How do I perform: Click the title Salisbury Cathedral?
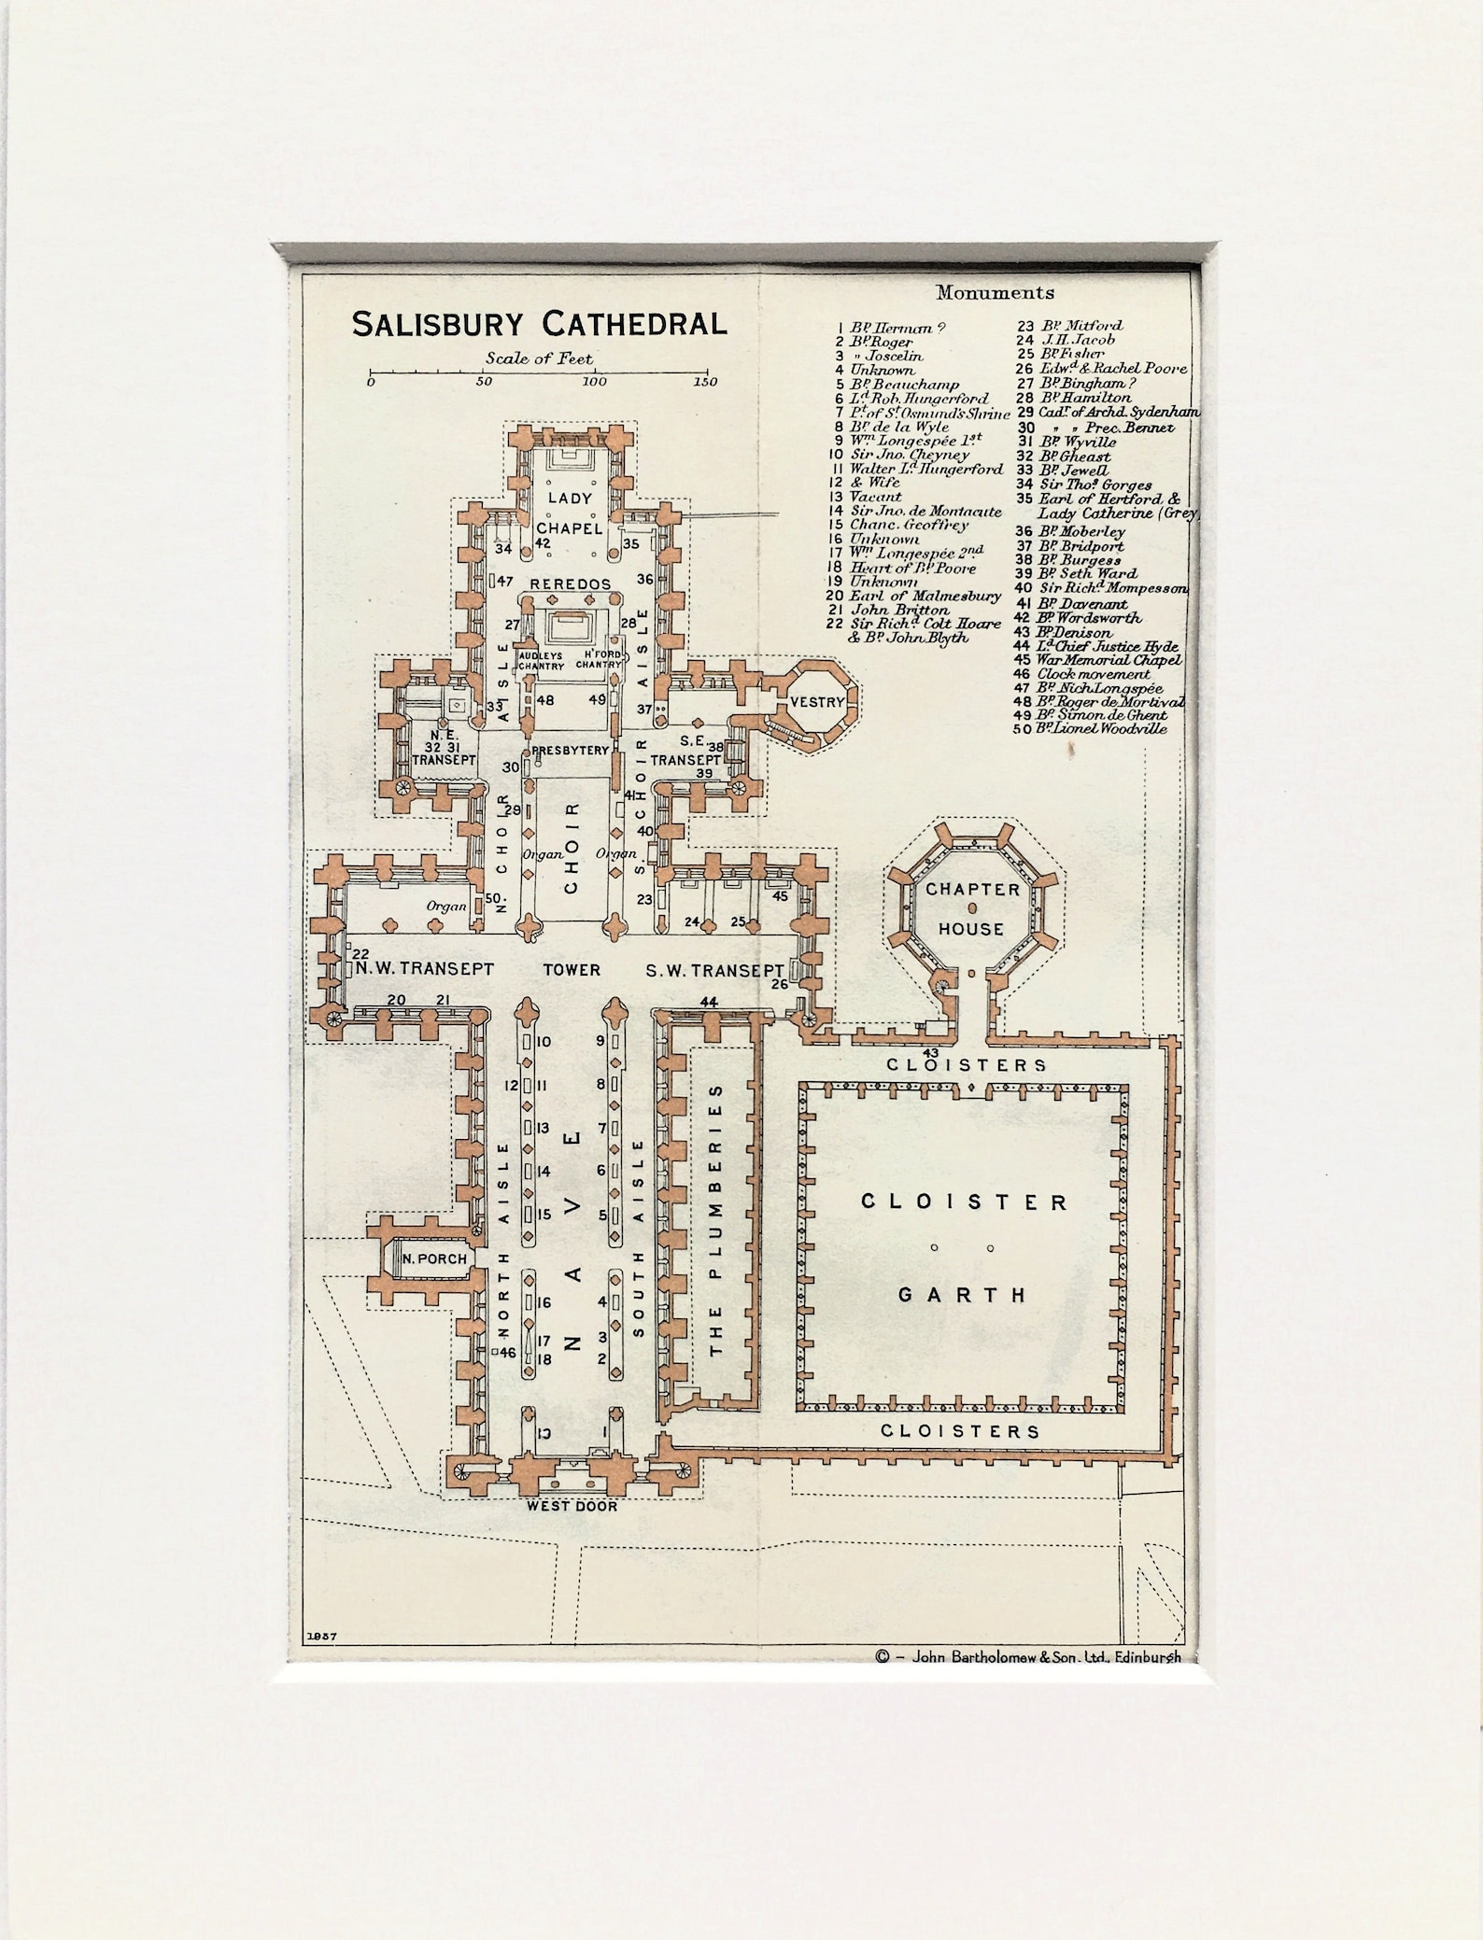(x=539, y=324)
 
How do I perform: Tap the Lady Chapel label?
(x=570, y=513)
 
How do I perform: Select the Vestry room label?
(x=817, y=702)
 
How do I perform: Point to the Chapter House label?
(x=972, y=908)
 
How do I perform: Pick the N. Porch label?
(x=434, y=1258)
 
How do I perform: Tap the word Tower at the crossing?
(x=572, y=970)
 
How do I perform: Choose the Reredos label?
(x=570, y=584)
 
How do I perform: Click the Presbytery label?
(x=570, y=750)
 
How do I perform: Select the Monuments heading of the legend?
(x=995, y=293)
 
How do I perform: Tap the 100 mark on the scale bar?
(x=595, y=381)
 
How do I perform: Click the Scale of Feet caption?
(x=539, y=358)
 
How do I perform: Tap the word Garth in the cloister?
(x=962, y=1295)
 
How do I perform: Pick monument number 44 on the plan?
(x=709, y=1002)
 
